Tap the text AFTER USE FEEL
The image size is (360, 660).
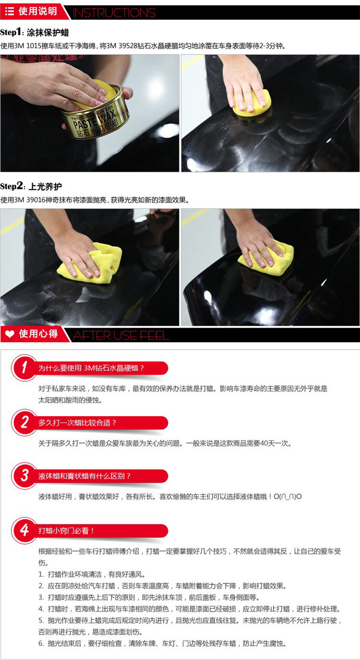pyautogui.click(x=120, y=335)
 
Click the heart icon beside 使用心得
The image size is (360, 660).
pyautogui.click(x=10, y=334)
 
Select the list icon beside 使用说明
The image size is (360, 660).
pyautogui.click(x=9, y=11)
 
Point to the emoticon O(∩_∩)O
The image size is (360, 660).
pyautogui.click(x=287, y=496)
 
